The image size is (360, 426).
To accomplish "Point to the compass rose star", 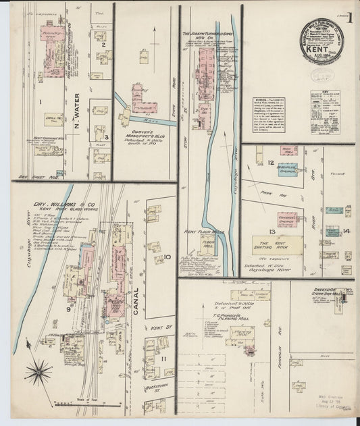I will pyautogui.click(x=38, y=370).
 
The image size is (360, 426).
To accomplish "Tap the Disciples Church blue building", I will pyautogui.click(x=287, y=169).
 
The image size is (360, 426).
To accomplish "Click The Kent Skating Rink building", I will pyautogui.click(x=278, y=243).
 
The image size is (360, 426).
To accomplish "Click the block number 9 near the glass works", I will pyautogui.click(x=68, y=309).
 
